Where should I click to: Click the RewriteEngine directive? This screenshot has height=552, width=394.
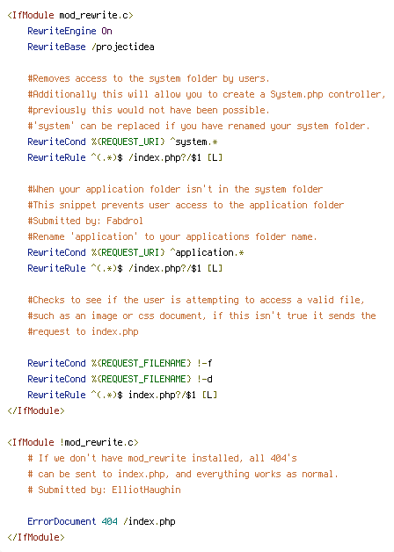[62, 31]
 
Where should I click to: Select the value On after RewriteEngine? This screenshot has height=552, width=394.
[106, 31]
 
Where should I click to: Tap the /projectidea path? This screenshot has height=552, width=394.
[123, 47]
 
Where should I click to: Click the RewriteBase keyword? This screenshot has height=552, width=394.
[56, 47]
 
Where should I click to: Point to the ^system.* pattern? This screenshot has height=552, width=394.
[193, 142]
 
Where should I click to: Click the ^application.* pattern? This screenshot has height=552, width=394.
[207, 253]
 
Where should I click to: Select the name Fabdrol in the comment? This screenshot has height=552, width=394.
[125, 221]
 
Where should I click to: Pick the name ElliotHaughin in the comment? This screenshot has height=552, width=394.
[146, 490]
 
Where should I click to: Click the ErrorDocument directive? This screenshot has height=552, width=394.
[62, 521]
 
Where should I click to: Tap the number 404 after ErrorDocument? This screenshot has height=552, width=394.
[110, 521]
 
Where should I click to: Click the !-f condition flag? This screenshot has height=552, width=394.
[204, 363]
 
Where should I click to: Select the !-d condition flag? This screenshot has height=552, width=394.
[204, 379]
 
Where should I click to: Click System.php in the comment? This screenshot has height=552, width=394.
[296, 94]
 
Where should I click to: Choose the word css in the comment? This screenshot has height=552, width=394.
[146, 316]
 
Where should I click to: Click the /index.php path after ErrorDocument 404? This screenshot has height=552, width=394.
[150, 522]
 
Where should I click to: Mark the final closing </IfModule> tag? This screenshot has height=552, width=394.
[35, 538]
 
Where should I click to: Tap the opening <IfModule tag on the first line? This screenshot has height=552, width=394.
[30, 16]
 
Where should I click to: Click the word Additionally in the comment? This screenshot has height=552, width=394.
[64, 95]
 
